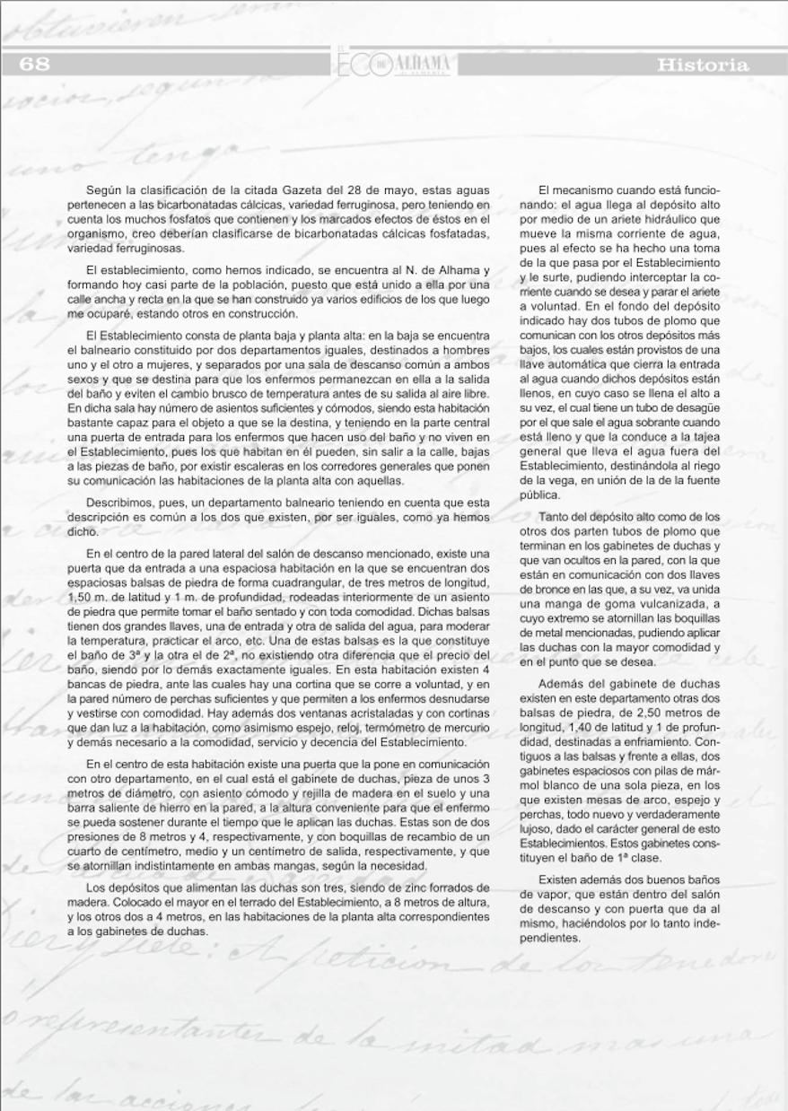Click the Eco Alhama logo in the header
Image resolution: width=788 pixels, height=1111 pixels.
tap(394, 64)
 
